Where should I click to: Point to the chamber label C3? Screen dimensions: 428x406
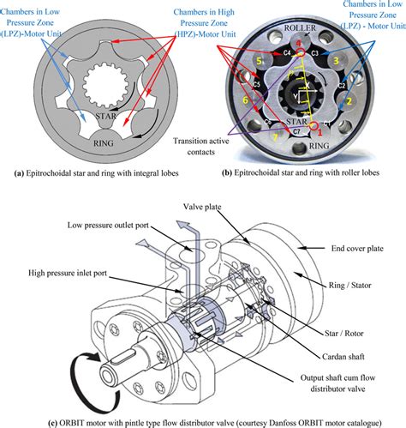coord(314,53)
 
